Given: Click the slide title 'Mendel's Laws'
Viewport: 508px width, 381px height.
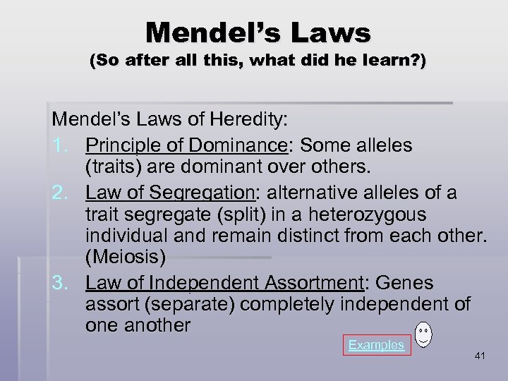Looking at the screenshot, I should point(258,32).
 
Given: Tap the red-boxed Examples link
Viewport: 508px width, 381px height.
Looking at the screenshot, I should point(376,345).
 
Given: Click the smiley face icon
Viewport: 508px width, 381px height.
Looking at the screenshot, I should point(423,335).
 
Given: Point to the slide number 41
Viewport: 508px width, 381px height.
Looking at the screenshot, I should point(480,357).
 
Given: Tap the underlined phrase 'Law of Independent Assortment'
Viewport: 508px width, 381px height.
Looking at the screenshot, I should point(224,283).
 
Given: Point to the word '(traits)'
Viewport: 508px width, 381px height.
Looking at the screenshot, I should point(114,167).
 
